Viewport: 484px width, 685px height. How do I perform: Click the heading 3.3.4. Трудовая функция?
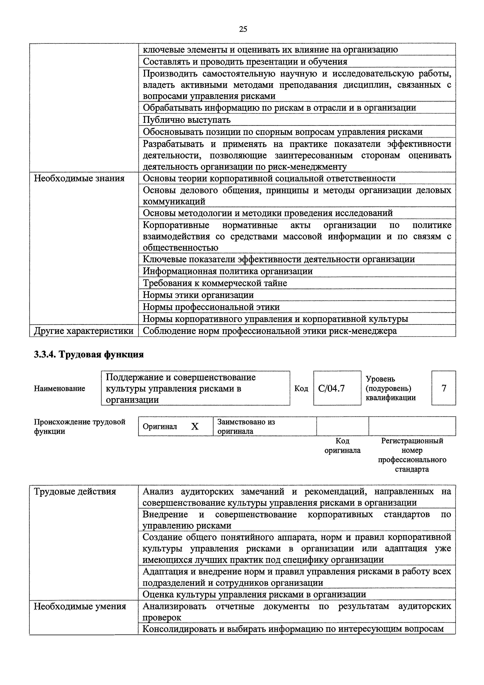tap(89, 354)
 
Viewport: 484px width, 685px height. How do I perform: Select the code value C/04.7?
tap(331, 388)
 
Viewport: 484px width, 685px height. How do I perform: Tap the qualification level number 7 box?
tap(443, 388)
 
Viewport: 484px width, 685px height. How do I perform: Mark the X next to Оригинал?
tap(195, 427)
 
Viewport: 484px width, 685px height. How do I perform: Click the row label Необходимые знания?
tap(79, 178)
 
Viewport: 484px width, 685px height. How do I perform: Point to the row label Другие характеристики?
tap(84, 331)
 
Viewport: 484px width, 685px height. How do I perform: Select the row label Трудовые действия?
tap(75, 491)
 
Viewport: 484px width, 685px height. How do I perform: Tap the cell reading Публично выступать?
tap(187, 120)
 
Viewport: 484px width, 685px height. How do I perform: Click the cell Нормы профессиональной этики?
tap(211, 307)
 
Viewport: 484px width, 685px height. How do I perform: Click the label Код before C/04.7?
tap(301, 388)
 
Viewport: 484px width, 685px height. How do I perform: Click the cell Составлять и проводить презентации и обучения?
tap(245, 62)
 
